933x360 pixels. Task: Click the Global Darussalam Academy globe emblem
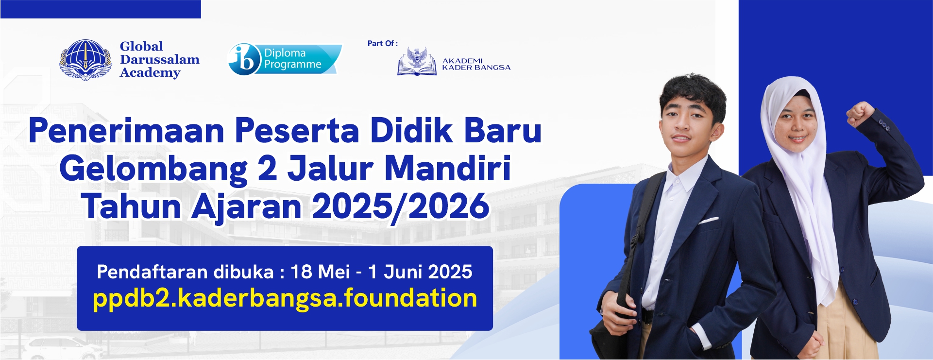point(85,60)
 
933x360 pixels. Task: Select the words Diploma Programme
point(293,59)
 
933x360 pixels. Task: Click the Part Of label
point(383,44)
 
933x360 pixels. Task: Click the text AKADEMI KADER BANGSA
point(476,64)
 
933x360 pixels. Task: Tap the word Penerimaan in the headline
point(126,131)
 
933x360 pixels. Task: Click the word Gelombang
point(153,170)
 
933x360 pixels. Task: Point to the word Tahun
point(131,206)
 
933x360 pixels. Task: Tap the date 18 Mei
point(320,272)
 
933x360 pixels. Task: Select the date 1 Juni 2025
point(420,272)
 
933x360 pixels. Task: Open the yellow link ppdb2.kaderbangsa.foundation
point(285,298)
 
